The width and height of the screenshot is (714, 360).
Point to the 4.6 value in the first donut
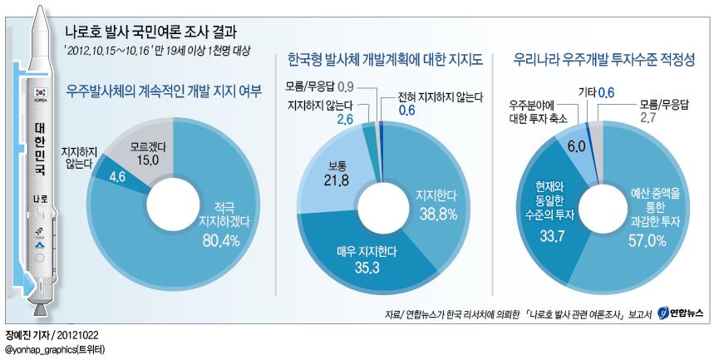point(116,175)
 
